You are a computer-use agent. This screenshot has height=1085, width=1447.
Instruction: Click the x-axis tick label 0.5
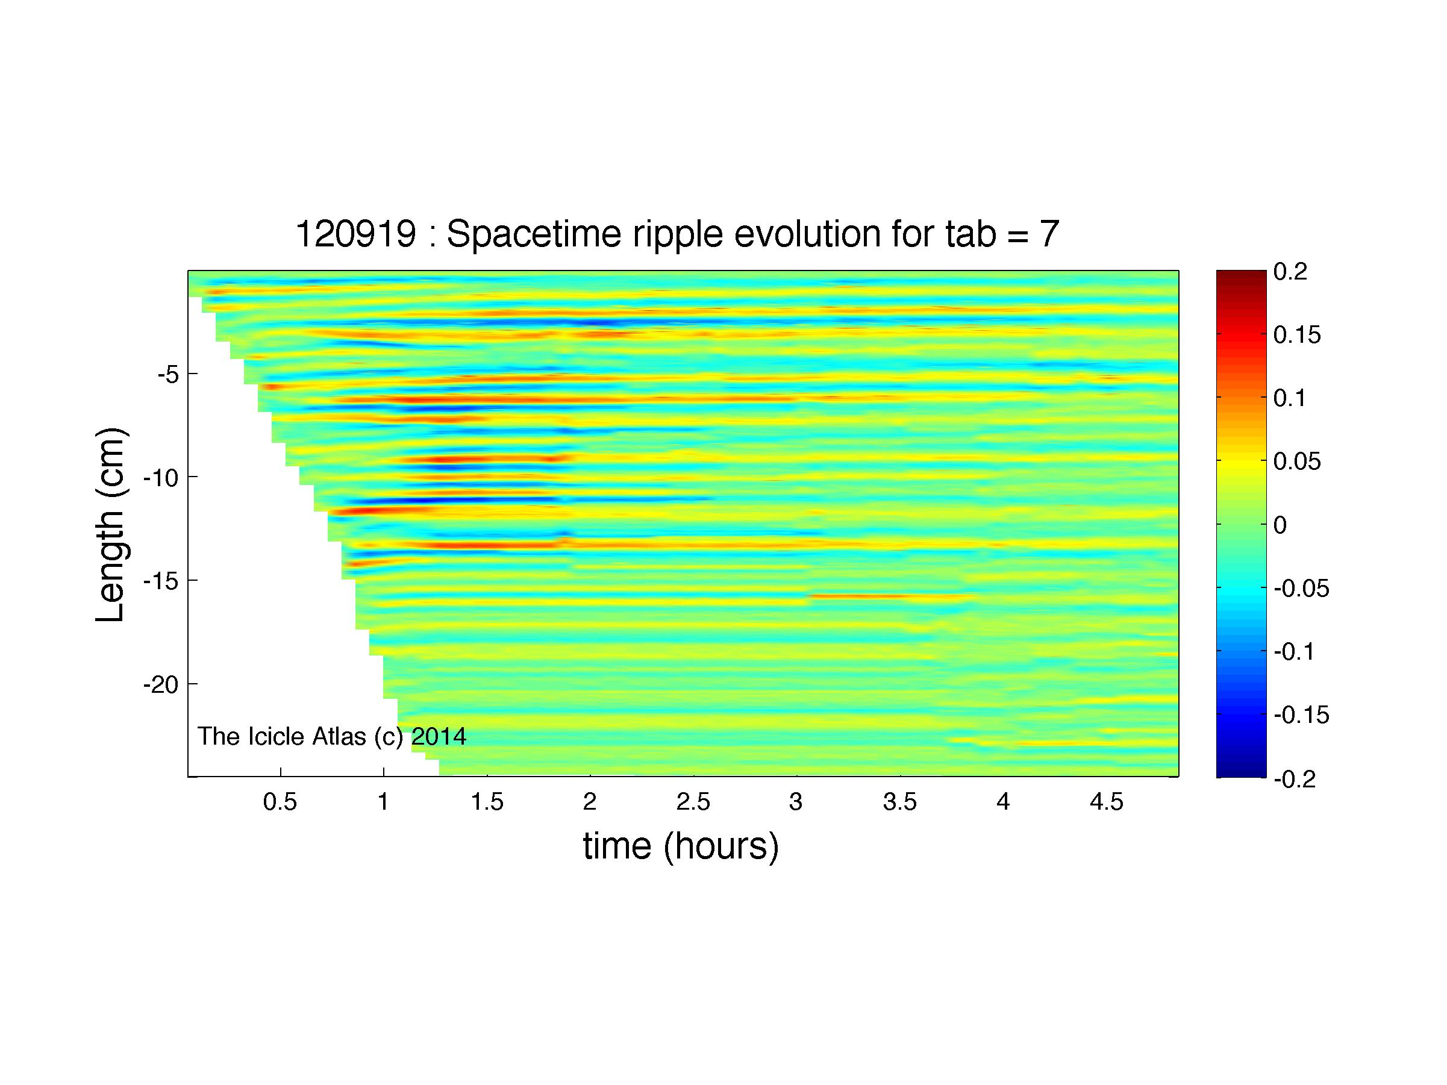(x=280, y=802)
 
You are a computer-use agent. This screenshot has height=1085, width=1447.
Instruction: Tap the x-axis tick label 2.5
(x=693, y=802)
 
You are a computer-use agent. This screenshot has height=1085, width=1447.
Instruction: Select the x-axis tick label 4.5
(x=1106, y=802)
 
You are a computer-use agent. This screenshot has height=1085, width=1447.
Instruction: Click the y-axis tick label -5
(x=167, y=375)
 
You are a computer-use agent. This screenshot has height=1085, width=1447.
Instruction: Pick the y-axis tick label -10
(x=161, y=478)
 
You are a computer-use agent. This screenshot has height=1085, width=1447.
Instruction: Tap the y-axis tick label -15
(x=161, y=581)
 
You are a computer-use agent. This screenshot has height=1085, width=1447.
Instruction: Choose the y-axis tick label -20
(x=161, y=685)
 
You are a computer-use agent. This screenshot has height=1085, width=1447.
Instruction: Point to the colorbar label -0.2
(x=1295, y=779)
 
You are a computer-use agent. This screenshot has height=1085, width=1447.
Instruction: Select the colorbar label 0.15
(x=1297, y=335)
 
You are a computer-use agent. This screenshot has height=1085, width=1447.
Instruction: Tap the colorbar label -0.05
(x=1302, y=589)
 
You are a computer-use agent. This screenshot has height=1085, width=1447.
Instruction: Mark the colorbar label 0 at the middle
(x=1280, y=525)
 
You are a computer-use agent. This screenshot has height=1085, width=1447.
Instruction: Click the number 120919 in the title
(x=356, y=234)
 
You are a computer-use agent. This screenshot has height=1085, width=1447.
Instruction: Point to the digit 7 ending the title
(x=1049, y=234)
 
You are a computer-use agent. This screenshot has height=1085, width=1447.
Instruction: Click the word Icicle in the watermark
(x=274, y=736)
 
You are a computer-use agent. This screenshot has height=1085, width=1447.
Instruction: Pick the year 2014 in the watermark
(x=439, y=736)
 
